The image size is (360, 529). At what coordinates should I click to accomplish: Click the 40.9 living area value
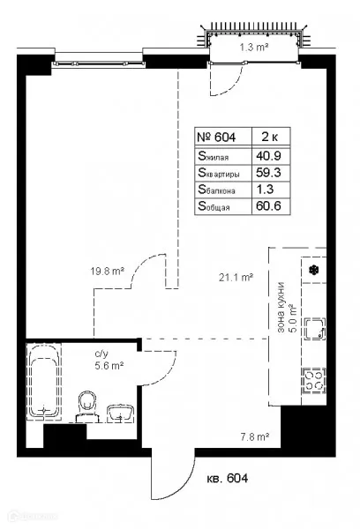[268, 156]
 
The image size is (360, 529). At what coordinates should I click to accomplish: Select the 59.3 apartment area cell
[268, 173]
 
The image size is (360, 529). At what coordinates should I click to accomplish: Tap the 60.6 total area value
[268, 205]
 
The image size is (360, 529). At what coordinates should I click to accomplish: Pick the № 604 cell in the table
[216, 137]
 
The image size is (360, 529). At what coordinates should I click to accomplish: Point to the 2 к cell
[270, 137]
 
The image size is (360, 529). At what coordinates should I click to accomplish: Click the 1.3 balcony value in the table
[265, 189]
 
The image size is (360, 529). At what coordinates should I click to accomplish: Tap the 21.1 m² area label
[236, 278]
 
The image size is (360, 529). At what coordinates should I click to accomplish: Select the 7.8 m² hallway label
[255, 437]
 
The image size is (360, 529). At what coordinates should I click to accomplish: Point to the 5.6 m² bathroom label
[109, 366]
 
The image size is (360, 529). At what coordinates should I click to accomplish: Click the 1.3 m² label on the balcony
[254, 47]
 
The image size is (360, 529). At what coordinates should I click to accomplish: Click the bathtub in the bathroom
[44, 381]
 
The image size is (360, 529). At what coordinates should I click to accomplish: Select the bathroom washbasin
[120, 413]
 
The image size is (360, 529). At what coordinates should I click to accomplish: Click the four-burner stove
[314, 381]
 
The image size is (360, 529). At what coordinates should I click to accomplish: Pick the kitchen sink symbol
[315, 329]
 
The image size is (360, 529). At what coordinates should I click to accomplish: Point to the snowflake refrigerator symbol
[314, 270]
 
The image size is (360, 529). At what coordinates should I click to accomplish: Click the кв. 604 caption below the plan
[228, 478]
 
